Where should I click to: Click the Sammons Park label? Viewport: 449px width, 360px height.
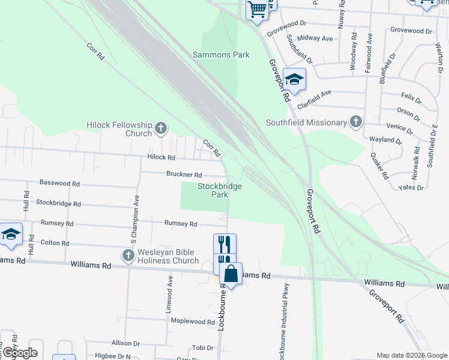tap(221, 55)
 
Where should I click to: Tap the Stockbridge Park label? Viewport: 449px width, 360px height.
tap(220, 190)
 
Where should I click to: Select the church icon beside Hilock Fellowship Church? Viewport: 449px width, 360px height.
tap(160, 127)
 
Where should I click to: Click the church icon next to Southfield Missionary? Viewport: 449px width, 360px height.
tap(355, 122)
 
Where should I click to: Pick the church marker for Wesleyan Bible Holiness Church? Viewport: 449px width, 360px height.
tap(128, 256)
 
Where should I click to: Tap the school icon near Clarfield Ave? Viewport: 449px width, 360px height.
tap(295, 80)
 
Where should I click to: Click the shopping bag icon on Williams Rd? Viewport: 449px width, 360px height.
tap(231, 275)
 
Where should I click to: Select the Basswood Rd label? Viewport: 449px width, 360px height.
tap(59, 182)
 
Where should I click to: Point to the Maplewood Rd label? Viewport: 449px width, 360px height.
tap(189, 321)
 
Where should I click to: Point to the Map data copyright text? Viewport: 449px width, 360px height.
tap(411, 355)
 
